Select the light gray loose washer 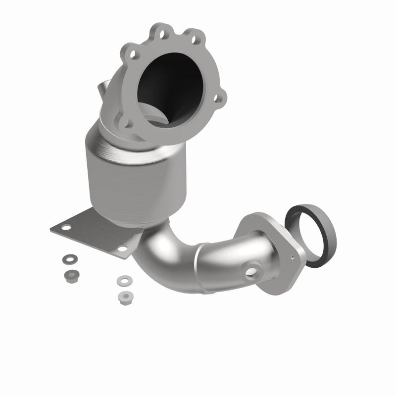[122, 281]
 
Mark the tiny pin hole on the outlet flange [292, 257]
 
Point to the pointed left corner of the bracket [51, 229]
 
